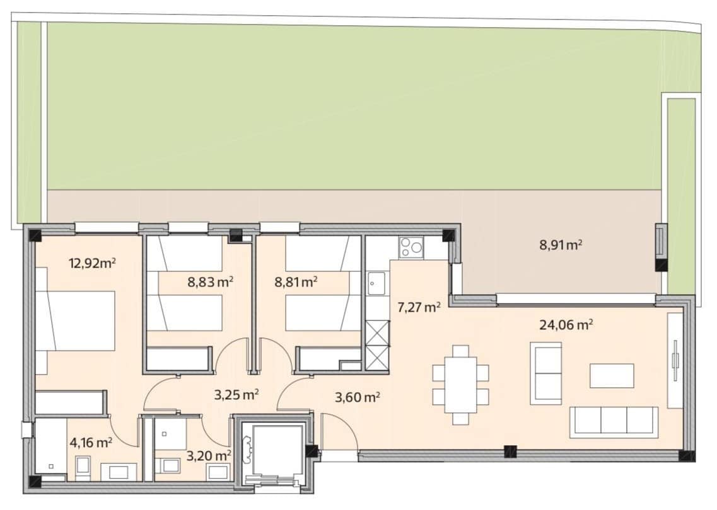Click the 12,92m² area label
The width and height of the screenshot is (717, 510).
92,263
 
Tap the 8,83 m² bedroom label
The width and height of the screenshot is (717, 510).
211,281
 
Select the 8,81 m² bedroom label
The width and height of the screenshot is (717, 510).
296,281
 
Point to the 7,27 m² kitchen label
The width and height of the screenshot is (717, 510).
419,307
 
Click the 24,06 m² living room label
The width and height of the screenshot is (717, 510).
566,325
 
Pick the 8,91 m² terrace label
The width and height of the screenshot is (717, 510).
561,245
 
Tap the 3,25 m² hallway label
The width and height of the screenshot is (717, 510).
237,394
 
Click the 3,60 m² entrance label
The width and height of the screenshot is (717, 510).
358,398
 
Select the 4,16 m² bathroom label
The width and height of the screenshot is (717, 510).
91,442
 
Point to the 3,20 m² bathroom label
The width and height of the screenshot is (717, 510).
209,455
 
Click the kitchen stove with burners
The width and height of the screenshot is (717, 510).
411,248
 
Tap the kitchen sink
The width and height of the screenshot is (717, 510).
377,283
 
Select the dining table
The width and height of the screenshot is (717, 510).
460,385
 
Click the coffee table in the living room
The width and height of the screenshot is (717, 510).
612,376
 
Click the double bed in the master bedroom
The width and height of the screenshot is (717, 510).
75,321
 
